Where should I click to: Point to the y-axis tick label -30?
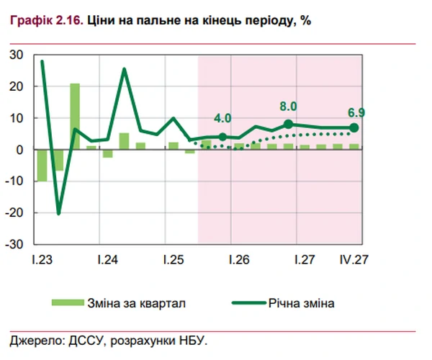(x=15, y=244)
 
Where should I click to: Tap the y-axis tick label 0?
(x=20, y=150)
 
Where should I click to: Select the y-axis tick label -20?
(x=15, y=212)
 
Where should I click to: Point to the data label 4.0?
(x=222, y=118)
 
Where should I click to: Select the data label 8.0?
(x=289, y=107)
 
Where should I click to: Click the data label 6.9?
(x=356, y=112)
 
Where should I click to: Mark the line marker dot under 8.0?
(x=289, y=125)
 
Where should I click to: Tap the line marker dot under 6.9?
(x=355, y=128)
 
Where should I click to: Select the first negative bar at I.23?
(x=42, y=166)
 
